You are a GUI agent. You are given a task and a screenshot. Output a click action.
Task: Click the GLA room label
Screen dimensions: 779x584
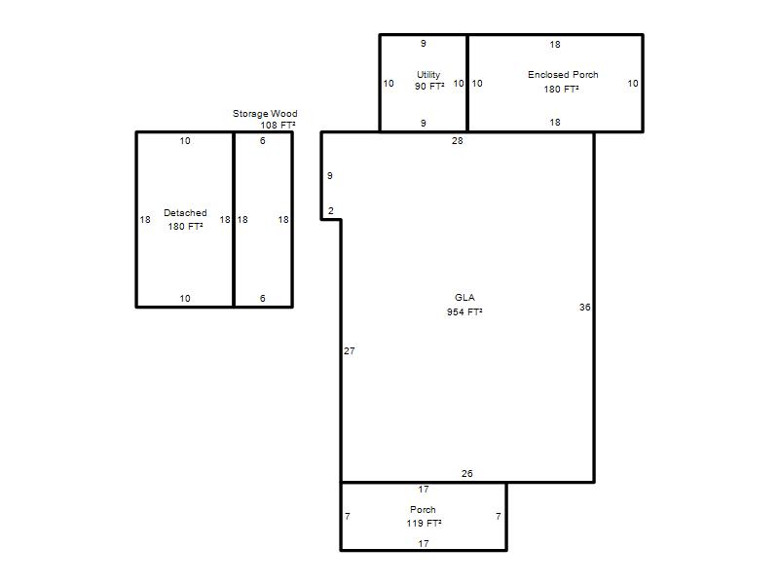click(x=464, y=298)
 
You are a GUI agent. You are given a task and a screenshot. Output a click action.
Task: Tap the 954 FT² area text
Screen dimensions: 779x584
click(x=464, y=311)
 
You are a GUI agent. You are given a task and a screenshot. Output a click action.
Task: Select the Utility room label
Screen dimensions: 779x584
click(x=428, y=75)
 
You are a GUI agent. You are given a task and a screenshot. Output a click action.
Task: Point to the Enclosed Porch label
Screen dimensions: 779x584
click(x=563, y=75)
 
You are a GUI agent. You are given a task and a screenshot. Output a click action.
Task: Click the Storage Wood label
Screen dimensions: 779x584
click(x=265, y=114)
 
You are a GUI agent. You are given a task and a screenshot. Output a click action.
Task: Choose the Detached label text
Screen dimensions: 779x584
click(x=185, y=213)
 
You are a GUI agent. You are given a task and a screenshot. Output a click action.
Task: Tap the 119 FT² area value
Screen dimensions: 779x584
click(x=424, y=524)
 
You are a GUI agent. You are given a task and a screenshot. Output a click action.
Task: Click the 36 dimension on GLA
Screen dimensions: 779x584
click(x=585, y=308)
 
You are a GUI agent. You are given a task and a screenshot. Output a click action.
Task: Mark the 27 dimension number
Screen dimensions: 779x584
click(x=350, y=351)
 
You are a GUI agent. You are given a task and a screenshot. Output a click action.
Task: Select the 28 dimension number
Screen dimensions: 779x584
click(x=457, y=141)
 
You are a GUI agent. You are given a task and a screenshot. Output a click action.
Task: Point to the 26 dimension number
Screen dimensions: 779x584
click(x=467, y=474)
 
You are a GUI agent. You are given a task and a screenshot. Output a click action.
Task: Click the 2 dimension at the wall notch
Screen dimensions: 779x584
click(x=331, y=211)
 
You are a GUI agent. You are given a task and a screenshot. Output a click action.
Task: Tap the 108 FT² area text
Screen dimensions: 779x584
click(x=278, y=126)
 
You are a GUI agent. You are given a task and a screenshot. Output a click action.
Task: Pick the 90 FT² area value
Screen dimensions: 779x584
click(x=429, y=87)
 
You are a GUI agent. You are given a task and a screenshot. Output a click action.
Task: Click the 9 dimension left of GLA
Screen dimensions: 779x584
click(x=330, y=176)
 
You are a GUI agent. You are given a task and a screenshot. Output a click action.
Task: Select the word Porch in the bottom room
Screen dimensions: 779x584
click(x=423, y=509)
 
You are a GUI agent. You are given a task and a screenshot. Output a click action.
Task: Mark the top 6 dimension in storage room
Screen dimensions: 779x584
click(x=263, y=141)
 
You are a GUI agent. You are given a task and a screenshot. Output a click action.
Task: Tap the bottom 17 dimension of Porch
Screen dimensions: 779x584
click(x=424, y=544)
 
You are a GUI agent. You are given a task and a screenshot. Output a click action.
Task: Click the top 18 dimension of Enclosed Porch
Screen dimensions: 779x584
click(x=555, y=45)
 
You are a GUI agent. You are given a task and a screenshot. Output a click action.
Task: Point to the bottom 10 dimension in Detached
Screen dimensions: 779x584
click(x=185, y=299)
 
